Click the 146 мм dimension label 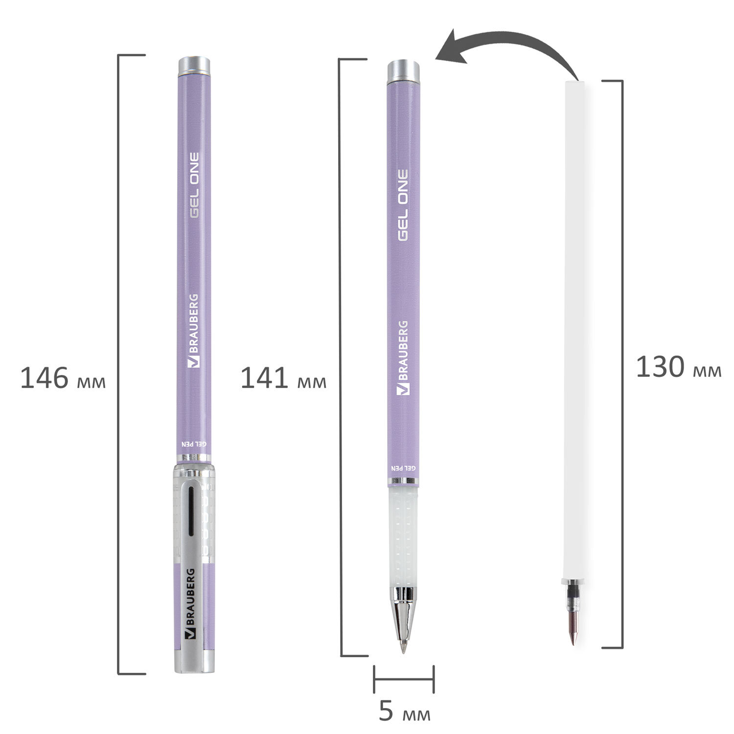point(63,379)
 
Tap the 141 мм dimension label point(283,379)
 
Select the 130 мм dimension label point(679,367)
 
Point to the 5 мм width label point(405,712)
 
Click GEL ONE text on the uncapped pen point(402,205)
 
